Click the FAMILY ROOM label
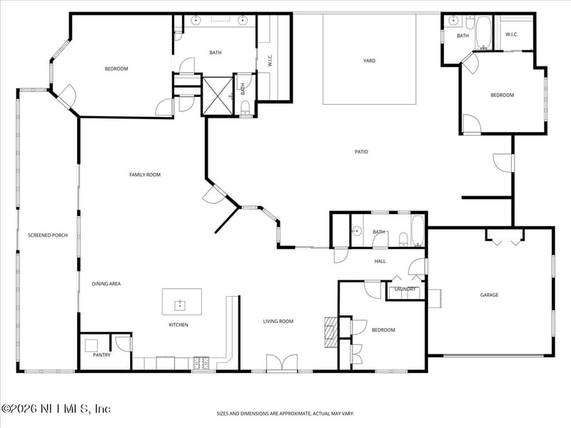tap(145, 175)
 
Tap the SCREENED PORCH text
tap(48, 235)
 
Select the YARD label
tap(369, 61)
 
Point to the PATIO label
tap(361, 152)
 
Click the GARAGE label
tap(489, 295)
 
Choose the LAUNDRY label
tap(405, 289)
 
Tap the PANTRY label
tap(101, 355)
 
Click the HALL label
tap(380, 261)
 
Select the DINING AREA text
tap(106, 283)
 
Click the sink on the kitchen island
tap(180, 305)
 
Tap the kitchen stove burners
tap(201, 362)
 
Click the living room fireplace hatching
tap(331, 332)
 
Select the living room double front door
tap(282, 362)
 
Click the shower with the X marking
tap(218, 96)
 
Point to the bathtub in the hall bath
tap(418, 230)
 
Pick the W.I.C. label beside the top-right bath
tap(512, 34)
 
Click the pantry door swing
tap(123, 344)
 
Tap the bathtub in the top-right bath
tap(484, 33)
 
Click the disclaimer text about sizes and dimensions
tap(285, 414)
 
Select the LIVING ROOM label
tap(278, 321)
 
